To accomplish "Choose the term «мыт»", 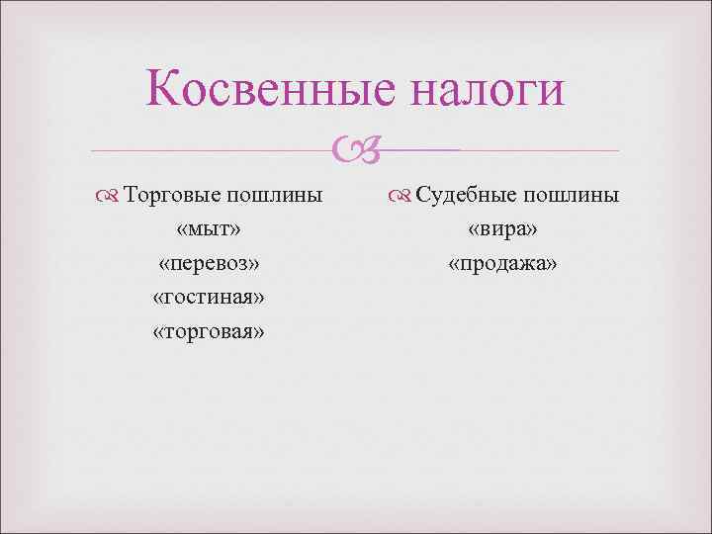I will [209, 228].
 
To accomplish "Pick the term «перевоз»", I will [209, 263].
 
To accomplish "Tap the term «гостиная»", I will [209, 297].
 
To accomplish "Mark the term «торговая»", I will [209, 331].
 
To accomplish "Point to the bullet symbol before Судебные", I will [398, 196].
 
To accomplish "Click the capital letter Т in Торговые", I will [133, 195].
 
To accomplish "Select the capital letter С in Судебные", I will [422, 195].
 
